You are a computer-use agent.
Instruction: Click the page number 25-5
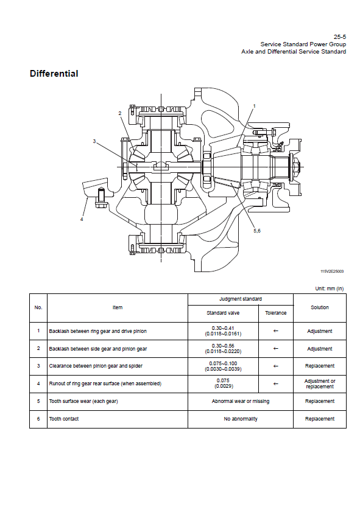[x=340, y=37]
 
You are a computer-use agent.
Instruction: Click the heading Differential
[x=54, y=73]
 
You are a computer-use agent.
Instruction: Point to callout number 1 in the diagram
[x=254, y=106]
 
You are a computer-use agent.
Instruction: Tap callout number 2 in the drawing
[x=119, y=113]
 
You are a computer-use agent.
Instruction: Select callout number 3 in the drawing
[x=94, y=141]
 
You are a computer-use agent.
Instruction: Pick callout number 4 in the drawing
[x=82, y=219]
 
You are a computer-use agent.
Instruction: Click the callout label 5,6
[x=257, y=231]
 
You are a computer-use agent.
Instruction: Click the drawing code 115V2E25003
[x=332, y=271]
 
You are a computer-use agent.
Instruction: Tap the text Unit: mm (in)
[x=330, y=289]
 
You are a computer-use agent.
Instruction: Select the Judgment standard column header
[x=241, y=299]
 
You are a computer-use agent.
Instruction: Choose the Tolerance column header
[x=276, y=313]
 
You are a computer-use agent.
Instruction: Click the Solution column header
[x=320, y=307]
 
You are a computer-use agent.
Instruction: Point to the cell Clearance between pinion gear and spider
[x=96, y=366]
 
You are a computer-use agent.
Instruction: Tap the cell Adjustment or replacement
[x=320, y=384]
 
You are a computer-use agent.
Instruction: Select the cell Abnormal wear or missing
[x=241, y=401]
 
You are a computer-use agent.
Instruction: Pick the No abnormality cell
[x=241, y=419]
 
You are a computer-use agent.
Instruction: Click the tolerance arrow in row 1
[x=276, y=331]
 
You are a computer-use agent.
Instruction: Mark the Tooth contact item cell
[x=64, y=419]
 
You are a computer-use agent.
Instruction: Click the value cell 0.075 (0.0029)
[x=223, y=383]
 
